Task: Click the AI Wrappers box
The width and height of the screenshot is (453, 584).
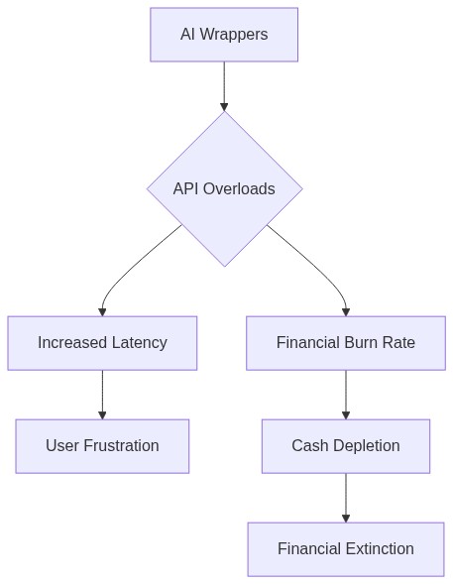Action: click(224, 35)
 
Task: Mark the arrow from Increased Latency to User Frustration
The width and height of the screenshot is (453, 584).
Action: click(102, 394)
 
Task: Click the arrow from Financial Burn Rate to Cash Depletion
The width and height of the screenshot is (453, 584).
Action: click(346, 394)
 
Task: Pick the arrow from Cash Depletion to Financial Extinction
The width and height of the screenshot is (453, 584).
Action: click(346, 497)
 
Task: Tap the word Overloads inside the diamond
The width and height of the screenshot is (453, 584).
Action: click(239, 188)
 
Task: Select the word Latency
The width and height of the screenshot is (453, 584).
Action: click(139, 342)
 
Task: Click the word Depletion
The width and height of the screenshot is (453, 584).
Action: click(367, 445)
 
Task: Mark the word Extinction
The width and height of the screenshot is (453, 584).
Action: click(379, 548)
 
